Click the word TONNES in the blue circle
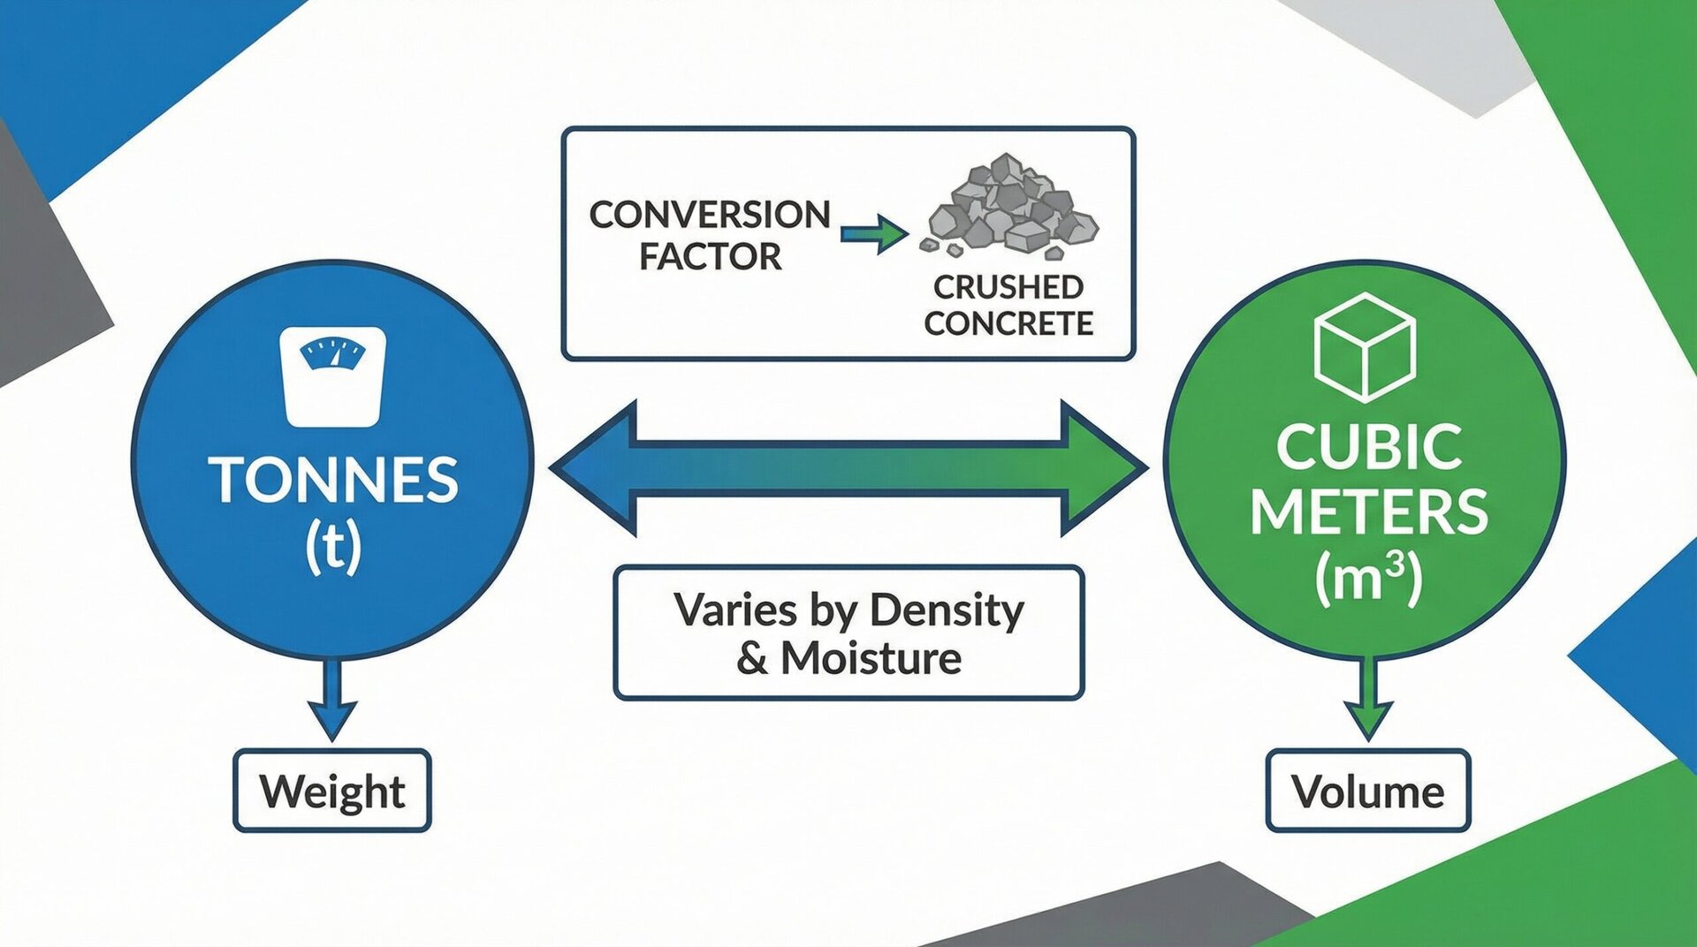tap(333, 481)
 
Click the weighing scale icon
tap(332, 376)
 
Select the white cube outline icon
tap(1365, 347)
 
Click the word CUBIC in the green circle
tap(1368, 447)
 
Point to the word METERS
tap(1368, 513)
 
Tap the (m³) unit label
tap(1368, 578)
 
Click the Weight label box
tap(332, 791)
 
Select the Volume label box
tap(1367, 791)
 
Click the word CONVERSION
tap(710, 215)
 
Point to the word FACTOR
tap(710, 257)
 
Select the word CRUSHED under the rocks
tap(1008, 287)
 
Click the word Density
tap(947, 610)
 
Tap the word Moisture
tap(871, 658)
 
